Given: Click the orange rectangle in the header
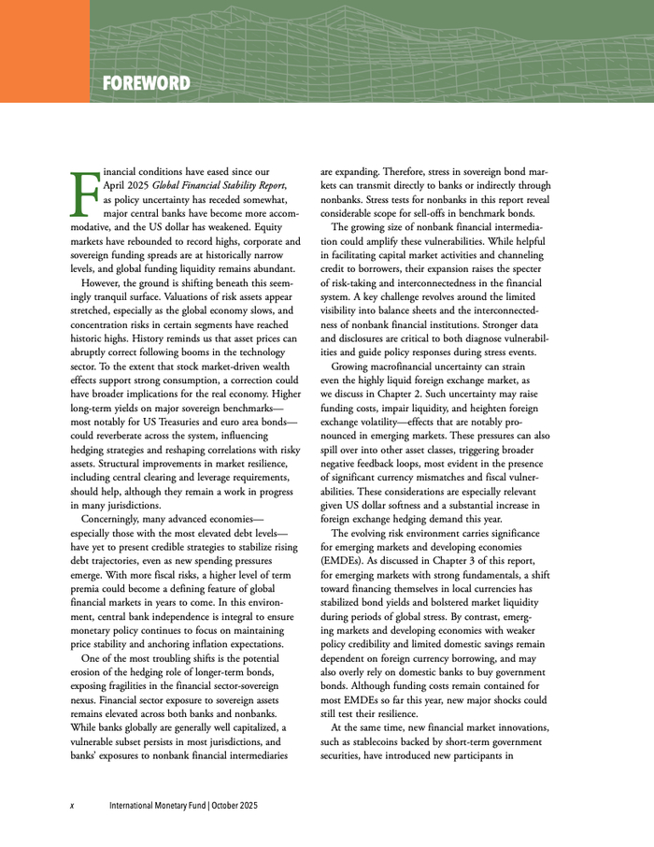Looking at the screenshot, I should coord(45,50).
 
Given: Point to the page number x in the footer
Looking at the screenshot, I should coord(72,805).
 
